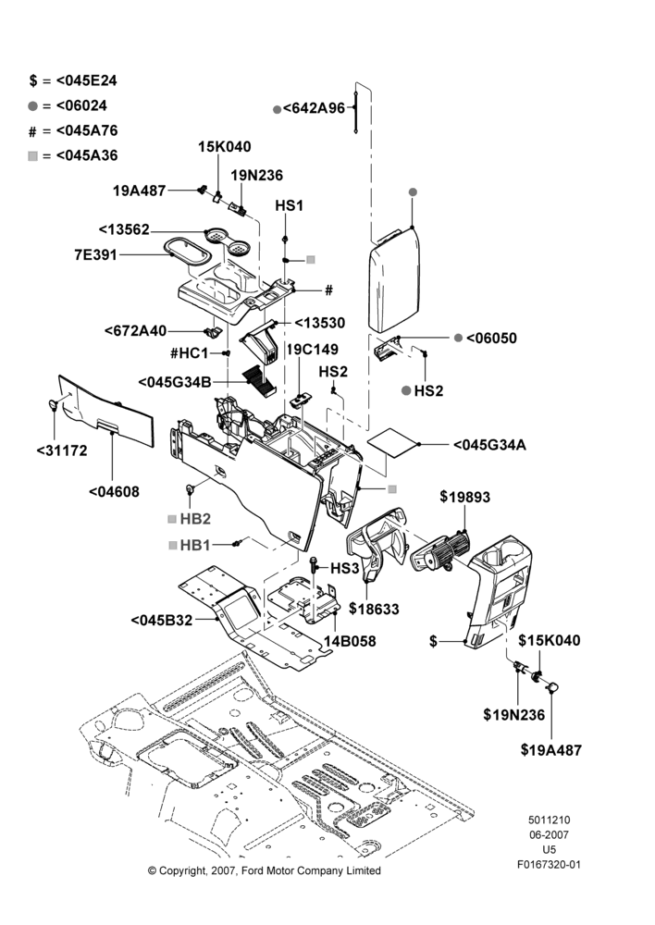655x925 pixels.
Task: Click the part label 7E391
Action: click(95, 255)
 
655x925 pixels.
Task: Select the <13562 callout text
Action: click(124, 229)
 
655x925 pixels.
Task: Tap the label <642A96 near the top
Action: click(314, 108)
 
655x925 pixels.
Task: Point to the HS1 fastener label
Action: click(290, 205)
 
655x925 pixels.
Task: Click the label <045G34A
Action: click(489, 445)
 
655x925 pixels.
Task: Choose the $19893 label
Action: click(465, 497)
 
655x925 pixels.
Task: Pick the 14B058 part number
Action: click(350, 641)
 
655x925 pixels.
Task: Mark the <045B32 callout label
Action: click(162, 621)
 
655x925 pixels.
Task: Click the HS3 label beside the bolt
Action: click(344, 568)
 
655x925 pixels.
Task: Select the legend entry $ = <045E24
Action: click(73, 80)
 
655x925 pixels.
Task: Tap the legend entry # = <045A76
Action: click(73, 130)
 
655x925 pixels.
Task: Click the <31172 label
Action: click(62, 450)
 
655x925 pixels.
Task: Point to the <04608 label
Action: click(114, 491)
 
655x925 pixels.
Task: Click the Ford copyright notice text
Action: click(265, 870)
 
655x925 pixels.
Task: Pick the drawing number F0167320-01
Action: click(549, 865)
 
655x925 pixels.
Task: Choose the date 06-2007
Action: click(549, 834)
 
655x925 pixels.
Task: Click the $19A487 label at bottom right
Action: click(551, 750)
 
